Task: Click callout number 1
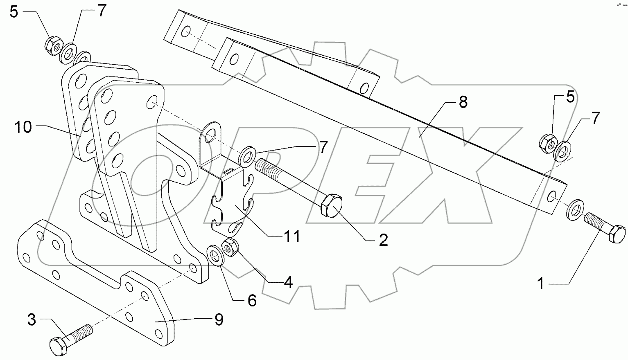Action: [x=541, y=283]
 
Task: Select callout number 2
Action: [x=383, y=240]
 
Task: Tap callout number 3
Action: [x=32, y=319]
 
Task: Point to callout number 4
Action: [x=288, y=282]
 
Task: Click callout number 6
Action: [x=252, y=301]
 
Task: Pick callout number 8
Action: [x=463, y=102]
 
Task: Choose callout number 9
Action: [x=219, y=319]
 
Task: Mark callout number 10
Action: [x=24, y=127]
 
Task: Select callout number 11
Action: [x=293, y=236]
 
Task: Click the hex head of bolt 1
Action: [x=617, y=236]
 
